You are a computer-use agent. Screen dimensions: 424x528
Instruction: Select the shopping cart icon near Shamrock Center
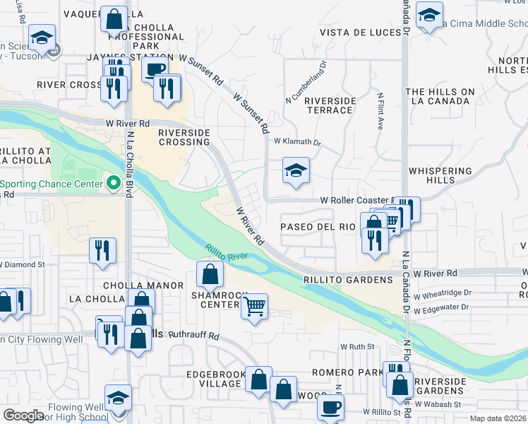[x=254, y=307]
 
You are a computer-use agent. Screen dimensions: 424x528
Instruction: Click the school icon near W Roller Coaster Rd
[x=296, y=170]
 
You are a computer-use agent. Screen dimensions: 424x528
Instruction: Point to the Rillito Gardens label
[x=349, y=280]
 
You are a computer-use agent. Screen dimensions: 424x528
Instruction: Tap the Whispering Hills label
[x=440, y=175]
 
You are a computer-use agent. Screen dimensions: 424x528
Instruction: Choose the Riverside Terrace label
[x=330, y=105]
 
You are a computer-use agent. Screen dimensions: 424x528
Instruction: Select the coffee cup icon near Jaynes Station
[x=155, y=69]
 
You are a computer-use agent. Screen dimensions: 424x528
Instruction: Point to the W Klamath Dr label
[x=297, y=141]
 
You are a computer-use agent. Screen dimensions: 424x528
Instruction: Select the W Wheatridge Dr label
[x=442, y=293]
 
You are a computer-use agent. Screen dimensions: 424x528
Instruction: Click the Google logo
[x=23, y=415]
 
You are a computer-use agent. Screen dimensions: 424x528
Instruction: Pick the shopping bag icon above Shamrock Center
[x=210, y=273]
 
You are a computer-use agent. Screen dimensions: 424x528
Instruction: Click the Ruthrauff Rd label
[x=195, y=336]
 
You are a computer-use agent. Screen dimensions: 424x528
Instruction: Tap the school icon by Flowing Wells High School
[x=118, y=397]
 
